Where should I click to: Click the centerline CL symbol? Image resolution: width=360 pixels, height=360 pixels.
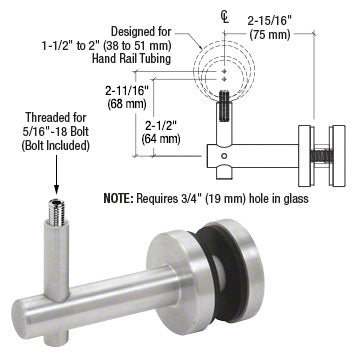[x=225, y=17]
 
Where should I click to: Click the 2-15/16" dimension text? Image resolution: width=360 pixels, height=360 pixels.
[x=271, y=21]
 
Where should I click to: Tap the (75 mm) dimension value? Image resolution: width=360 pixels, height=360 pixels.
[x=270, y=34]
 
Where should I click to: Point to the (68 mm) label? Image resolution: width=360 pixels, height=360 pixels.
[x=127, y=104]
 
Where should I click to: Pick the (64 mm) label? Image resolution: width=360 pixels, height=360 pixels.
[x=161, y=138]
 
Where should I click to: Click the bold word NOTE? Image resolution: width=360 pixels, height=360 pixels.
[x=118, y=199]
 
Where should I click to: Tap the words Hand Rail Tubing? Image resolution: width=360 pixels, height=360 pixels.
[x=132, y=59]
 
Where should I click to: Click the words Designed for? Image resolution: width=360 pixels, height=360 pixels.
[x=141, y=32]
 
